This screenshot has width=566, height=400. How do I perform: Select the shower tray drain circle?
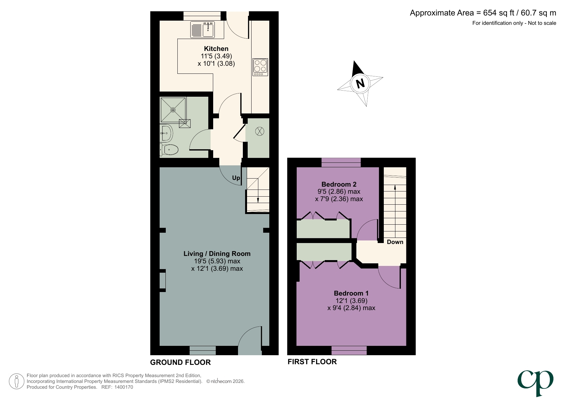[x=173, y=110]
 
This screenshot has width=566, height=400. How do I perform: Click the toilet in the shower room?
[x=170, y=150]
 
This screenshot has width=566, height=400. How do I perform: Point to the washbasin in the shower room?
[x=166, y=133]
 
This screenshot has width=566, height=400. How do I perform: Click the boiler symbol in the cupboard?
[x=260, y=131]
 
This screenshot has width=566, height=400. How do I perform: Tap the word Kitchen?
[x=216, y=49]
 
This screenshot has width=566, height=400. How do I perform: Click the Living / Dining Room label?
[x=217, y=254]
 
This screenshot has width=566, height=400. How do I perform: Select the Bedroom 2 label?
[x=339, y=184]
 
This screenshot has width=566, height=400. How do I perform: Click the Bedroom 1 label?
[x=351, y=293]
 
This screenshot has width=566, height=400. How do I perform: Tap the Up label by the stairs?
[x=236, y=178]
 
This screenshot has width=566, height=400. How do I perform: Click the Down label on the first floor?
[x=395, y=242]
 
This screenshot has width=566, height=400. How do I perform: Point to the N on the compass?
[x=360, y=83]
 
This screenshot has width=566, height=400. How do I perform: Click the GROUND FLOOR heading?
[x=180, y=362]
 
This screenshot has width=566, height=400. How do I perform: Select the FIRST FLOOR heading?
[x=312, y=362]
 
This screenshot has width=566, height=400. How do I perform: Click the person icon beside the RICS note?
[x=16, y=381]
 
